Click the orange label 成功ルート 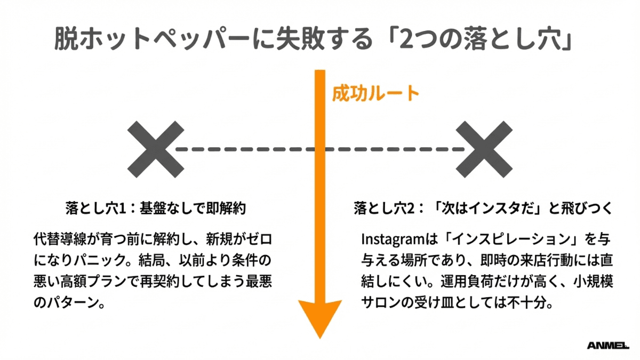point(375,94)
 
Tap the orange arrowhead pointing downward point(319,317)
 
